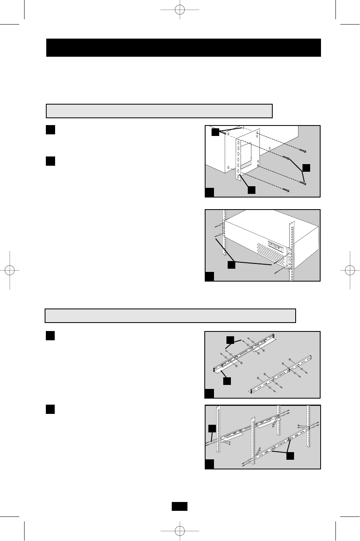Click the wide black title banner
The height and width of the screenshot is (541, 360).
[183, 47]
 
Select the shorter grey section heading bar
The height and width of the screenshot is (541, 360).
[159, 111]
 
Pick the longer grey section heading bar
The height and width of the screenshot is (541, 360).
[170, 316]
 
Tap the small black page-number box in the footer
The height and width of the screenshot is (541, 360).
[180, 506]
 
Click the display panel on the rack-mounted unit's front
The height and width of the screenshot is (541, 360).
[276, 245]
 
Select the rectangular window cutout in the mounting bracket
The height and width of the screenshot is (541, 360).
[247, 150]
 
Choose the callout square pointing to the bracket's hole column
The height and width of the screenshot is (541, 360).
[251, 190]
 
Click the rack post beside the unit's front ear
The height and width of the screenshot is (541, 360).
[290, 249]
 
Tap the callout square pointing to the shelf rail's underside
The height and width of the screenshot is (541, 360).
[227, 380]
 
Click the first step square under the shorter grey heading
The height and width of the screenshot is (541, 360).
[50, 130]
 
